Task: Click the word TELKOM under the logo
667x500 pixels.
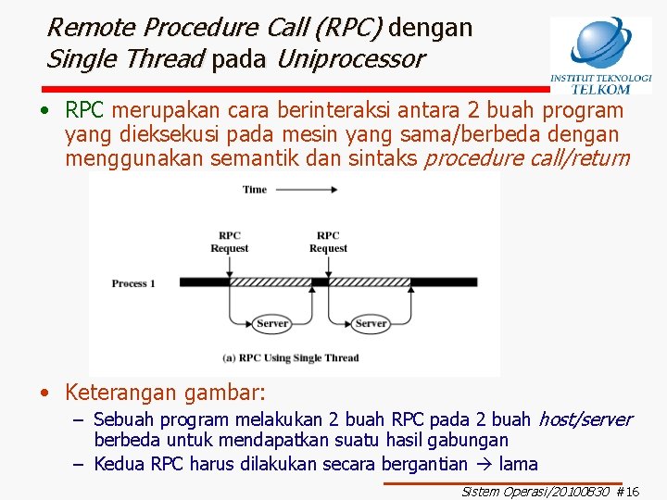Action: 600,90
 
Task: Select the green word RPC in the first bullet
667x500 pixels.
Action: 84,110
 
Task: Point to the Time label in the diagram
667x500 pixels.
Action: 255,189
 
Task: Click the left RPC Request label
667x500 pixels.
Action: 229,242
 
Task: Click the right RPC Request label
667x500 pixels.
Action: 328,242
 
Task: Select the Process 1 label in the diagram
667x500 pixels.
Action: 133,283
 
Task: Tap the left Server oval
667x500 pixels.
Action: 271,323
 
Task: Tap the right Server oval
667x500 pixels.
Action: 371,323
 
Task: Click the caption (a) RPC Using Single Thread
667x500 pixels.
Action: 291,357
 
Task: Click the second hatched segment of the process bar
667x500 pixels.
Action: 371,282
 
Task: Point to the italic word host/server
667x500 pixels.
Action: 585,419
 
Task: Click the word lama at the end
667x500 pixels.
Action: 518,463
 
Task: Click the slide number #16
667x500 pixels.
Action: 628,492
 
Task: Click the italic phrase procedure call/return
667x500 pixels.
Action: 526,158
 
